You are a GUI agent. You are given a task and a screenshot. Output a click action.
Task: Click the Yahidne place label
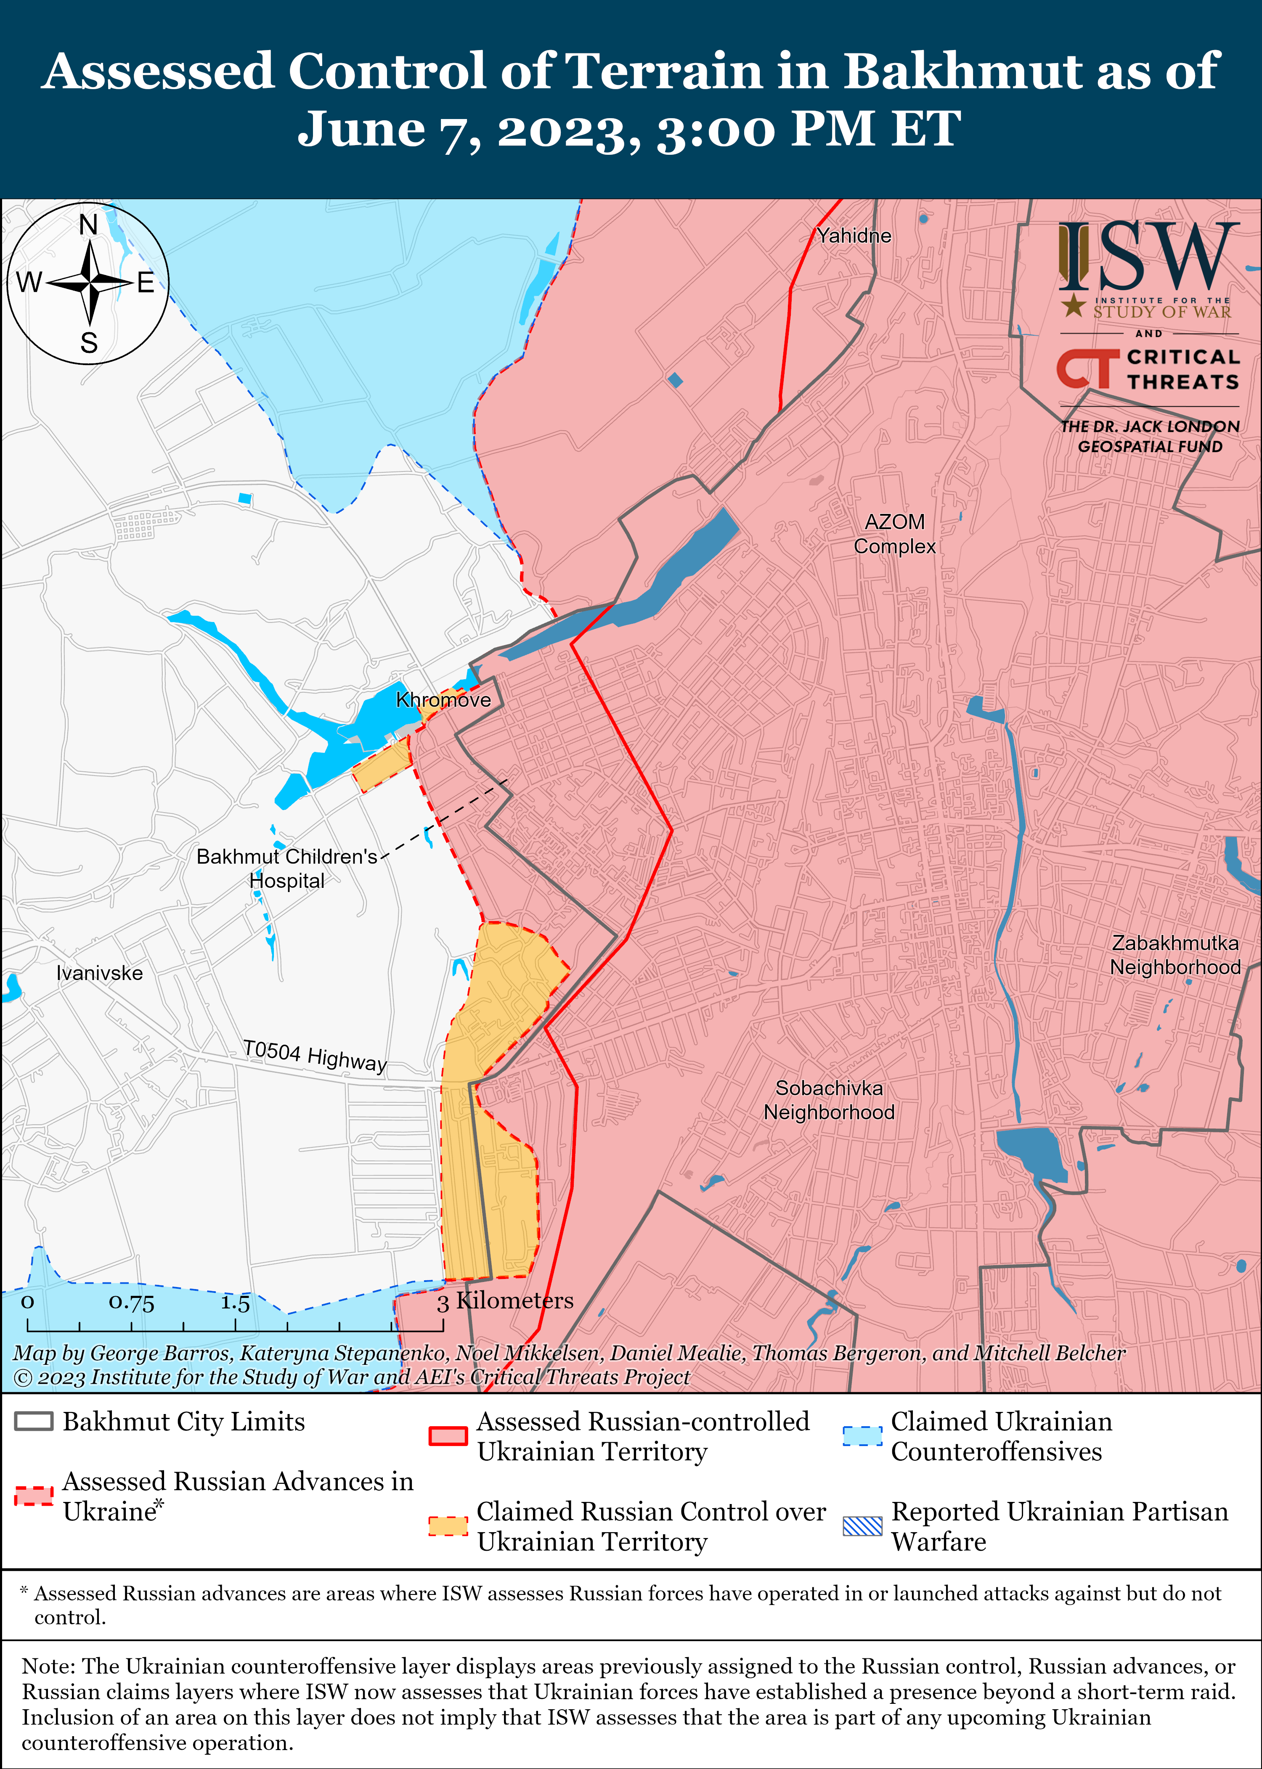[x=853, y=236]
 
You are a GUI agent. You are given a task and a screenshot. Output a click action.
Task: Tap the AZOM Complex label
[x=894, y=534]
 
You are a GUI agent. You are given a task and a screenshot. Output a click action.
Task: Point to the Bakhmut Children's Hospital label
[x=287, y=868]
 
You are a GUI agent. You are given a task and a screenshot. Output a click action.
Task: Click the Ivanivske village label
[x=99, y=973]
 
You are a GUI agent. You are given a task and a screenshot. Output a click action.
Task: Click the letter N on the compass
[x=89, y=225]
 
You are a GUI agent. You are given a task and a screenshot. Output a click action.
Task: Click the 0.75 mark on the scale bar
[x=131, y=1302]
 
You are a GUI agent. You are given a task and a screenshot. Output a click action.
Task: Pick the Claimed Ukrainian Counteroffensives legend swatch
[x=862, y=1436]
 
